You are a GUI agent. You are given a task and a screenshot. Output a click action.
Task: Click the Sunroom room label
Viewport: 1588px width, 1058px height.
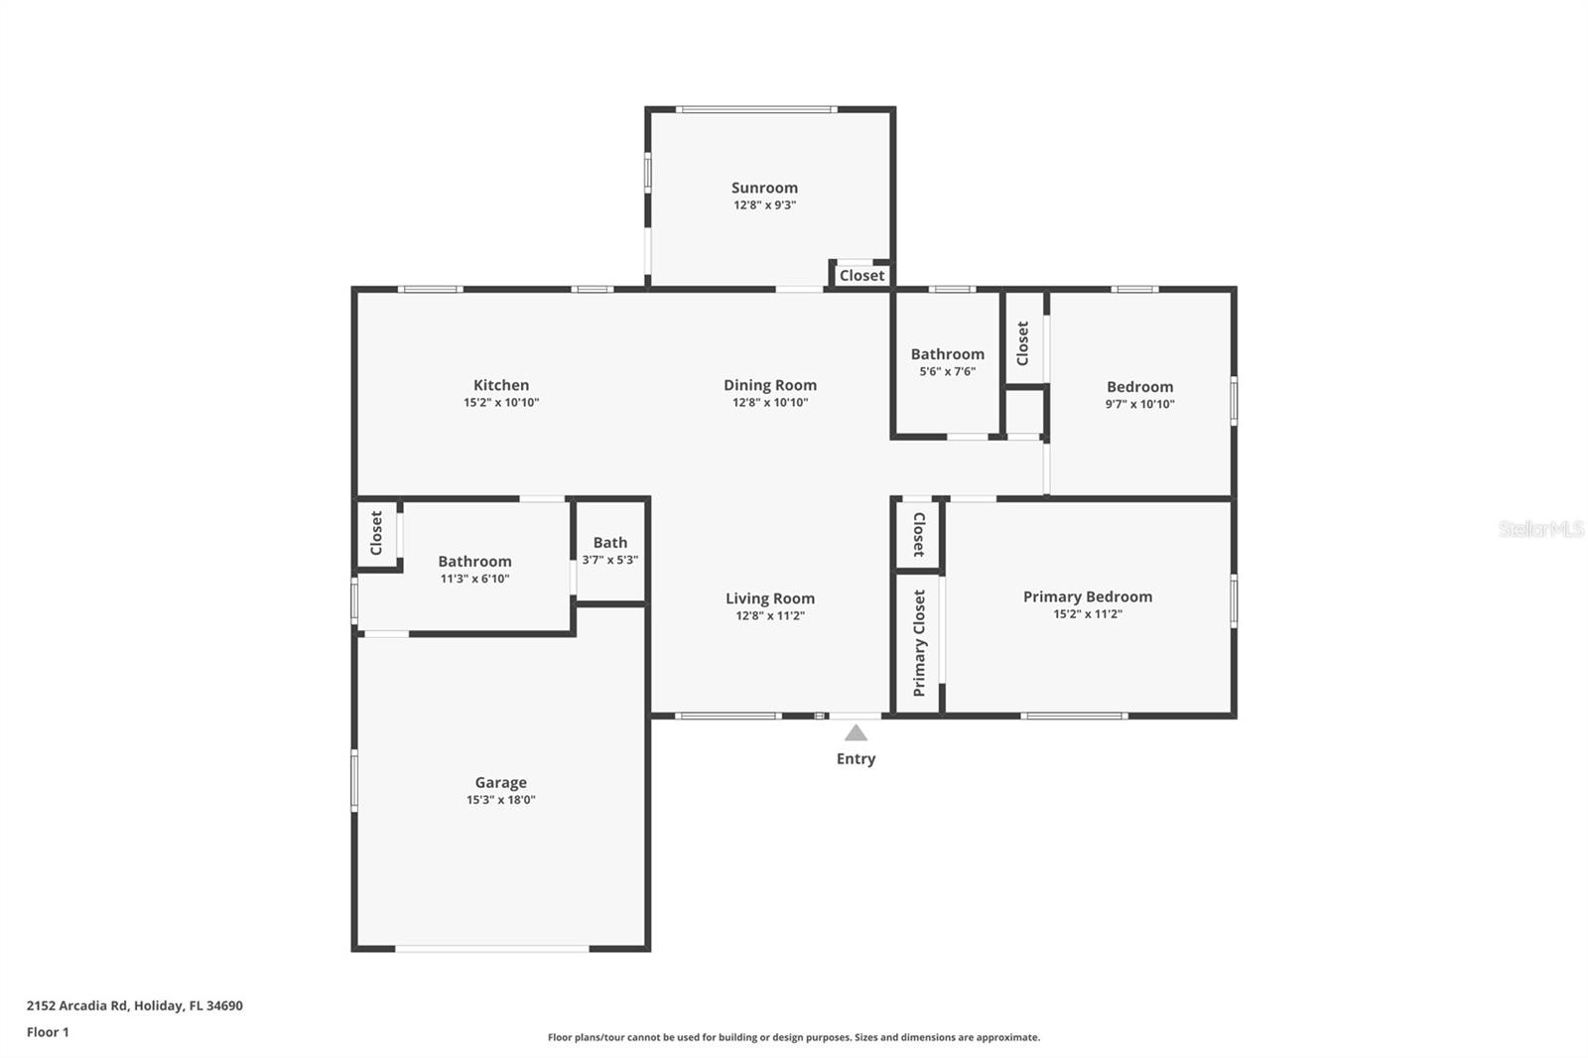tap(764, 188)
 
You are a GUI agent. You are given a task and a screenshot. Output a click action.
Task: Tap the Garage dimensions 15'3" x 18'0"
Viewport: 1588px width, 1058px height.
tap(500, 800)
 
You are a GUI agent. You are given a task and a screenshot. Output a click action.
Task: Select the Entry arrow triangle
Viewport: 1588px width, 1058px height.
tap(856, 733)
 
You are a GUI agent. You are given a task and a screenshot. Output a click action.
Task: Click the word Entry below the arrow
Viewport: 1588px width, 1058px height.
tap(856, 759)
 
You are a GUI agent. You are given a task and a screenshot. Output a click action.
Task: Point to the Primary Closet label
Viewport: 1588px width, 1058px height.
tap(919, 643)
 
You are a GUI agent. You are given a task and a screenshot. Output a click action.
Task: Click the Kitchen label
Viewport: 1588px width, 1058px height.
tap(501, 385)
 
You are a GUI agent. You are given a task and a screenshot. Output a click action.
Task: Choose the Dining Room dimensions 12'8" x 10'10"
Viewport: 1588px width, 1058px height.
tap(770, 403)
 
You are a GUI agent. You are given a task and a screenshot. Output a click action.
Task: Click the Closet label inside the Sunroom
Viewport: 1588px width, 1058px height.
tap(861, 276)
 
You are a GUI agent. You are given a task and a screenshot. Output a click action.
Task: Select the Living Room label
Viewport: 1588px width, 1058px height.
tap(770, 598)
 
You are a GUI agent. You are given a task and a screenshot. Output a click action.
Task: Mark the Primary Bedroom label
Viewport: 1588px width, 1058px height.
tap(1088, 596)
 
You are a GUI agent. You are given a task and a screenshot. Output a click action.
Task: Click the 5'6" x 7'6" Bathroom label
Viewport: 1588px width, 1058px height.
tap(948, 354)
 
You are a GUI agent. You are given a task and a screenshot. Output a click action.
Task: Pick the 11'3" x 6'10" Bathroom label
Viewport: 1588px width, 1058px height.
tap(474, 562)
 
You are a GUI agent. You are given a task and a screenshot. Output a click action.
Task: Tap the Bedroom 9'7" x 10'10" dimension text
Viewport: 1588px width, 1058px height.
tap(1139, 405)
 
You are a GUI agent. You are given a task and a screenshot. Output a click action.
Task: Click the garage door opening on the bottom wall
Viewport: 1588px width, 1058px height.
tap(492, 949)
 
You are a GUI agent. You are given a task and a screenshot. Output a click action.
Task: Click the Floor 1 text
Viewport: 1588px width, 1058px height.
tap(48, 1032)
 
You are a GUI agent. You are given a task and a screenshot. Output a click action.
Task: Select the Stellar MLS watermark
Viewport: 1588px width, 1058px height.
tap(1540, 529)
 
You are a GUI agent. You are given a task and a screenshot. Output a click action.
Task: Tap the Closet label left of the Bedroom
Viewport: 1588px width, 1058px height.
tap(1023, 342)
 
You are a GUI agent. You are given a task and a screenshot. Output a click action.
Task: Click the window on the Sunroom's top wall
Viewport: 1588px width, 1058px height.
tap(756, 109)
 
